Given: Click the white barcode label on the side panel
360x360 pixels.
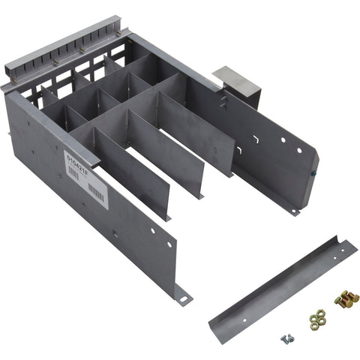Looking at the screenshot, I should (85, 176).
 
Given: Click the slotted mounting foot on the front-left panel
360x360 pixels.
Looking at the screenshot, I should (182, 298).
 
